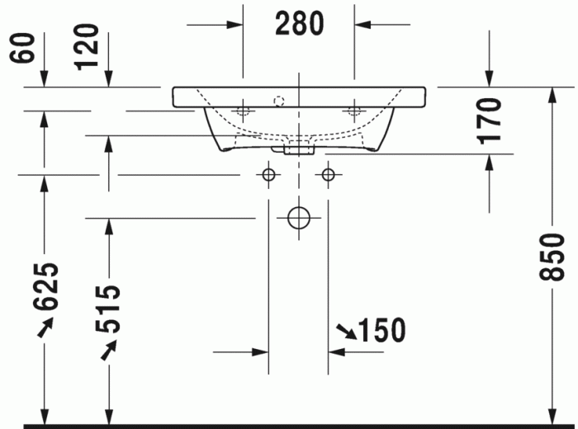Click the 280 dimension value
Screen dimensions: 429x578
[x=299, y=25]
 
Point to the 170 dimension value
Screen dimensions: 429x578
[x=489, y=120]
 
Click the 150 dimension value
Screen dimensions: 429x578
[x=382, y=330]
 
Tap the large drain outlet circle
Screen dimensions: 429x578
[x=298, y=218]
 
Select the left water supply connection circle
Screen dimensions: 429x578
[x=268, y=175]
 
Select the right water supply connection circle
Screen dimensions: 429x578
[x=329, y=175]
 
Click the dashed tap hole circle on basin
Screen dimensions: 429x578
[x=279, y=101]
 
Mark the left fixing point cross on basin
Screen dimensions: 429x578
[x=244, y=110]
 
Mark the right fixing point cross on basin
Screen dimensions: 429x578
[x=355, y=110]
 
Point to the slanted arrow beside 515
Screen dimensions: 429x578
[x=107, y=351]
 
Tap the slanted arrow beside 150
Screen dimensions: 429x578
[x=346, y=332]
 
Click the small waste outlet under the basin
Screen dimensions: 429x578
[x=299, y=150]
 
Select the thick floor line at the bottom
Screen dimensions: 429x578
[x=297, y=426]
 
